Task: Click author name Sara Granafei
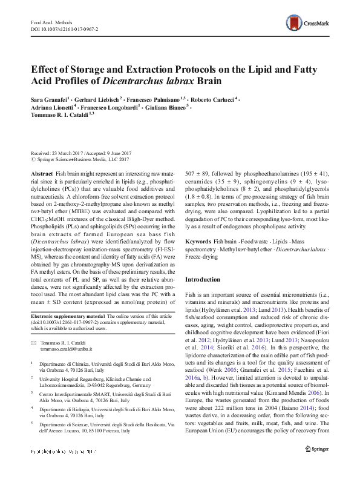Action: (49, 97)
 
